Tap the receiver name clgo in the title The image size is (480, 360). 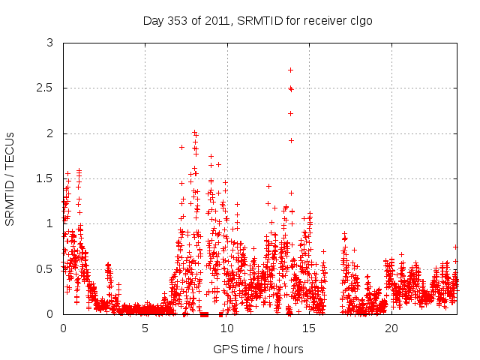coord(360,20)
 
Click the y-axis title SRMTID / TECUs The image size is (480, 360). coord(10,178)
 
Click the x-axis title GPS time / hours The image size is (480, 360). coord(258,349)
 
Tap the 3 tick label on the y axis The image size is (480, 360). coord(49,43)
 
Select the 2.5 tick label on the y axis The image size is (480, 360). coord(46,88)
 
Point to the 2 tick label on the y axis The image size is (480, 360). coord(49,133)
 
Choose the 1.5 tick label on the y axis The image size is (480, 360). coord(46,178)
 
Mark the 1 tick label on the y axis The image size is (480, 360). coord(49,223)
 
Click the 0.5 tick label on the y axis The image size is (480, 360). coord(46,268)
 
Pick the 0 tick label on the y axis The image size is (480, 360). coord(49,313)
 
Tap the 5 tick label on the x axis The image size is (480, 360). coord(145,328)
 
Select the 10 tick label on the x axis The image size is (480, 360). coord(227,328)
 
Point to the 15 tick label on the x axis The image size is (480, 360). coord(310,328)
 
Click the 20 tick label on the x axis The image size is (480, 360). coord(391,328)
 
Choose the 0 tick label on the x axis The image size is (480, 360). coord(63,328)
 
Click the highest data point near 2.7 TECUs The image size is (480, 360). coord(290,70)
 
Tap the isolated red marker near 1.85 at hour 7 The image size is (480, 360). coord(181,147)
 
